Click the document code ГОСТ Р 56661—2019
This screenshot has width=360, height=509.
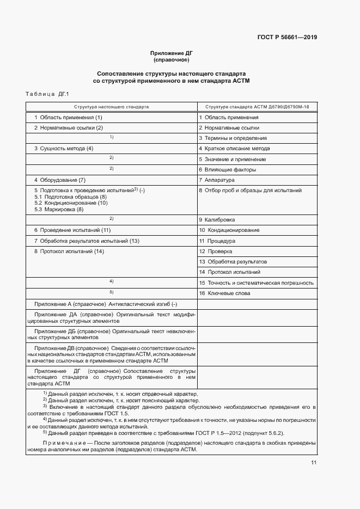pyautogui.click(x=287, y=38)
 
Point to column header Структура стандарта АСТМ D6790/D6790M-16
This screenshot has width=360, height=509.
pyautogui.click(x=254, y=107)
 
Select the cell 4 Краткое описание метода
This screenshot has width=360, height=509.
pyautogui.click(x=234, y=149)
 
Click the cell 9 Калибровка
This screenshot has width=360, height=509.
pyautogui.click(x=217, y=219)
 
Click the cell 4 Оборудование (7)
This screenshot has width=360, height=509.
pyautogui.click(x=60, y=180)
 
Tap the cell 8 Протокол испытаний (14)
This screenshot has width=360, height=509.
pyautogui.click(x=69, y=252)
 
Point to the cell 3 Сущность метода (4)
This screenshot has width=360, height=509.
pyautogui.click(x=64, y=149)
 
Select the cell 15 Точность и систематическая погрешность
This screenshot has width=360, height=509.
pyautogui.click(x=256, y=283)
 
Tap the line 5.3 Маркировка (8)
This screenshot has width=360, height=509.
pyautogui.click(x=59, y=210)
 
